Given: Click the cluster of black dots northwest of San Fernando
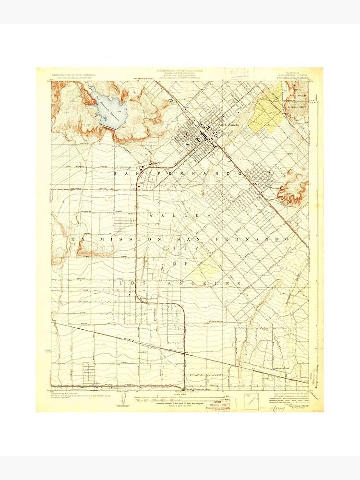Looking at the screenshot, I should (171, 100).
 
